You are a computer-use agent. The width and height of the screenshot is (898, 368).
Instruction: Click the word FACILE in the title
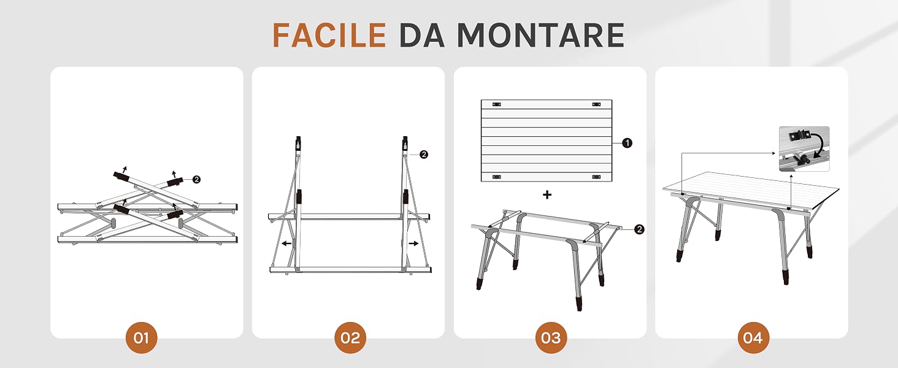coord(329,36)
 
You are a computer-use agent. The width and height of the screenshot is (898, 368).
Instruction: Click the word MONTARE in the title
coord(541,36)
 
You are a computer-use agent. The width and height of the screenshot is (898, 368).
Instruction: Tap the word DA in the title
coord(422,36)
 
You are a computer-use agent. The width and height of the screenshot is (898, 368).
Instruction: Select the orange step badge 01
coord(142,337)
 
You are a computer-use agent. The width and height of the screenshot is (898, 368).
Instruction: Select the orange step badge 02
coord(350,337)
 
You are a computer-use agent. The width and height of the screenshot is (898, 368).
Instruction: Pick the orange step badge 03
coord(551,337)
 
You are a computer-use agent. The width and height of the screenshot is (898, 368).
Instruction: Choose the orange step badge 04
coord(753,337)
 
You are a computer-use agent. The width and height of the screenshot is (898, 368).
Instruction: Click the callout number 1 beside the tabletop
coord(627,143)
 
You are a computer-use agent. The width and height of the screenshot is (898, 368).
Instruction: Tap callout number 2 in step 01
coord(196,180)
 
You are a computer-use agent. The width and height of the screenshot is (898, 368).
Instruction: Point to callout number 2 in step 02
coord(424,155)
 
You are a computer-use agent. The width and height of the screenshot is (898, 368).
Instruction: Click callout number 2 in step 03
coord(639,229)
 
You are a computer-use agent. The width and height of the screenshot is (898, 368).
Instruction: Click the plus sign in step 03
coord(547,195)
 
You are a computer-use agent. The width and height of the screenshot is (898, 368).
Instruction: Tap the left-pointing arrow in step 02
coord(286,243)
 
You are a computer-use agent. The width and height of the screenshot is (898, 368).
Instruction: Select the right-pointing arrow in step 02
coord(414,243)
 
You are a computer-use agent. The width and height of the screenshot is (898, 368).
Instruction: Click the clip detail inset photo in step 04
coord(804,148)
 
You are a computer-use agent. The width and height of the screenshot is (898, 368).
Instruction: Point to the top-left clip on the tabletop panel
coord(497,104)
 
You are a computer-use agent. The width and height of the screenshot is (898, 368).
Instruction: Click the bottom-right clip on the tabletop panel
coord(597,177)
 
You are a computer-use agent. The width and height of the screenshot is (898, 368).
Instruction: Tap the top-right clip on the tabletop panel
coord(597,104)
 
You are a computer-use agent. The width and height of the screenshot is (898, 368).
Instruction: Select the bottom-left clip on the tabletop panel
coord(497,177)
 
